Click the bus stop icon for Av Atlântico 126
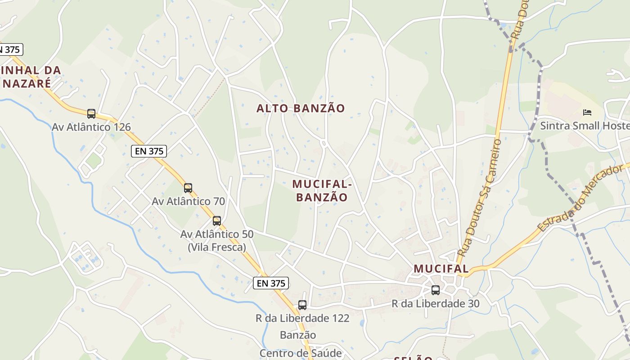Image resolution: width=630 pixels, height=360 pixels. (x=91, y=113)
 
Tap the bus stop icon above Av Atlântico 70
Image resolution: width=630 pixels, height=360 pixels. (x=188, y=188)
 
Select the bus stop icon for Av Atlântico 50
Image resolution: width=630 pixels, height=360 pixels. (x=217, y=220)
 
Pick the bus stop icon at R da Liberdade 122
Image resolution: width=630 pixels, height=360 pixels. (x=302, y=305)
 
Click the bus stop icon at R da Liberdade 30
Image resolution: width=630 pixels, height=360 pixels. (x=435, y=290)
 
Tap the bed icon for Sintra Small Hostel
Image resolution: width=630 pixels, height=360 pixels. (x=587, y=112)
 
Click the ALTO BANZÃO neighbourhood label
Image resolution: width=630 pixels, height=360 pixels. (x=301, y=108)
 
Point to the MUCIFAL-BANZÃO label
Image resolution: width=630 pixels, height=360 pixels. (x=322, y=191)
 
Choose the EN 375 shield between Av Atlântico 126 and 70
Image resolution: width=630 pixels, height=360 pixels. (x=149, y=151)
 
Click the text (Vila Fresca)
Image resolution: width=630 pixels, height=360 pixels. (x=217, y=247)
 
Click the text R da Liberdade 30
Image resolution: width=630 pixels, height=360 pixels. (x=436, y=304)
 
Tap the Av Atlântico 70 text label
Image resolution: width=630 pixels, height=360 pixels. (x=188, y=201)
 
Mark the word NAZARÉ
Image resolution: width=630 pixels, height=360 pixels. (x=27, y=83)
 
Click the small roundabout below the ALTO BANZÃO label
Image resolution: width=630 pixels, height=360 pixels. (x=323, y=144)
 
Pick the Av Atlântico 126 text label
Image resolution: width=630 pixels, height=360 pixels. (x=91, y=127)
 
